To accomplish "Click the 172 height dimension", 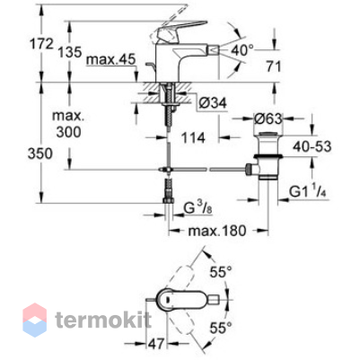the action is point(41,44).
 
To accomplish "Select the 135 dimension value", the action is point(70,52).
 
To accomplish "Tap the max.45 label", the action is point(111,60).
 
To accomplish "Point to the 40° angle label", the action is point(242,50).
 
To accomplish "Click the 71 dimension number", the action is point(274,66).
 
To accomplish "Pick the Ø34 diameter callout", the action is point(213,103).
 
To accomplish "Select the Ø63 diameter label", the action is point(268,119).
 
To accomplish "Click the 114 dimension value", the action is point(193,137).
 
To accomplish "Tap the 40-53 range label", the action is point(312,146).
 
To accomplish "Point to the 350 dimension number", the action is point(40,154).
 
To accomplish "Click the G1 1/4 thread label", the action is point(307,192).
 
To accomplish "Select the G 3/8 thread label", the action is point(198,208).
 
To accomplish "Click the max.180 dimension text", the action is point(217,231).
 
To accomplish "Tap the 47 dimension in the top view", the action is point(156,343).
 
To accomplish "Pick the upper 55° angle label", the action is point(221,272).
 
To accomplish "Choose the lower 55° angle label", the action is point(221,328).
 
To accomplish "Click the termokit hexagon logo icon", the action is point(35,320).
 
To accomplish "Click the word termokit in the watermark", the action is point(103,320).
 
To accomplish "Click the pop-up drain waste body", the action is point(268,155).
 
